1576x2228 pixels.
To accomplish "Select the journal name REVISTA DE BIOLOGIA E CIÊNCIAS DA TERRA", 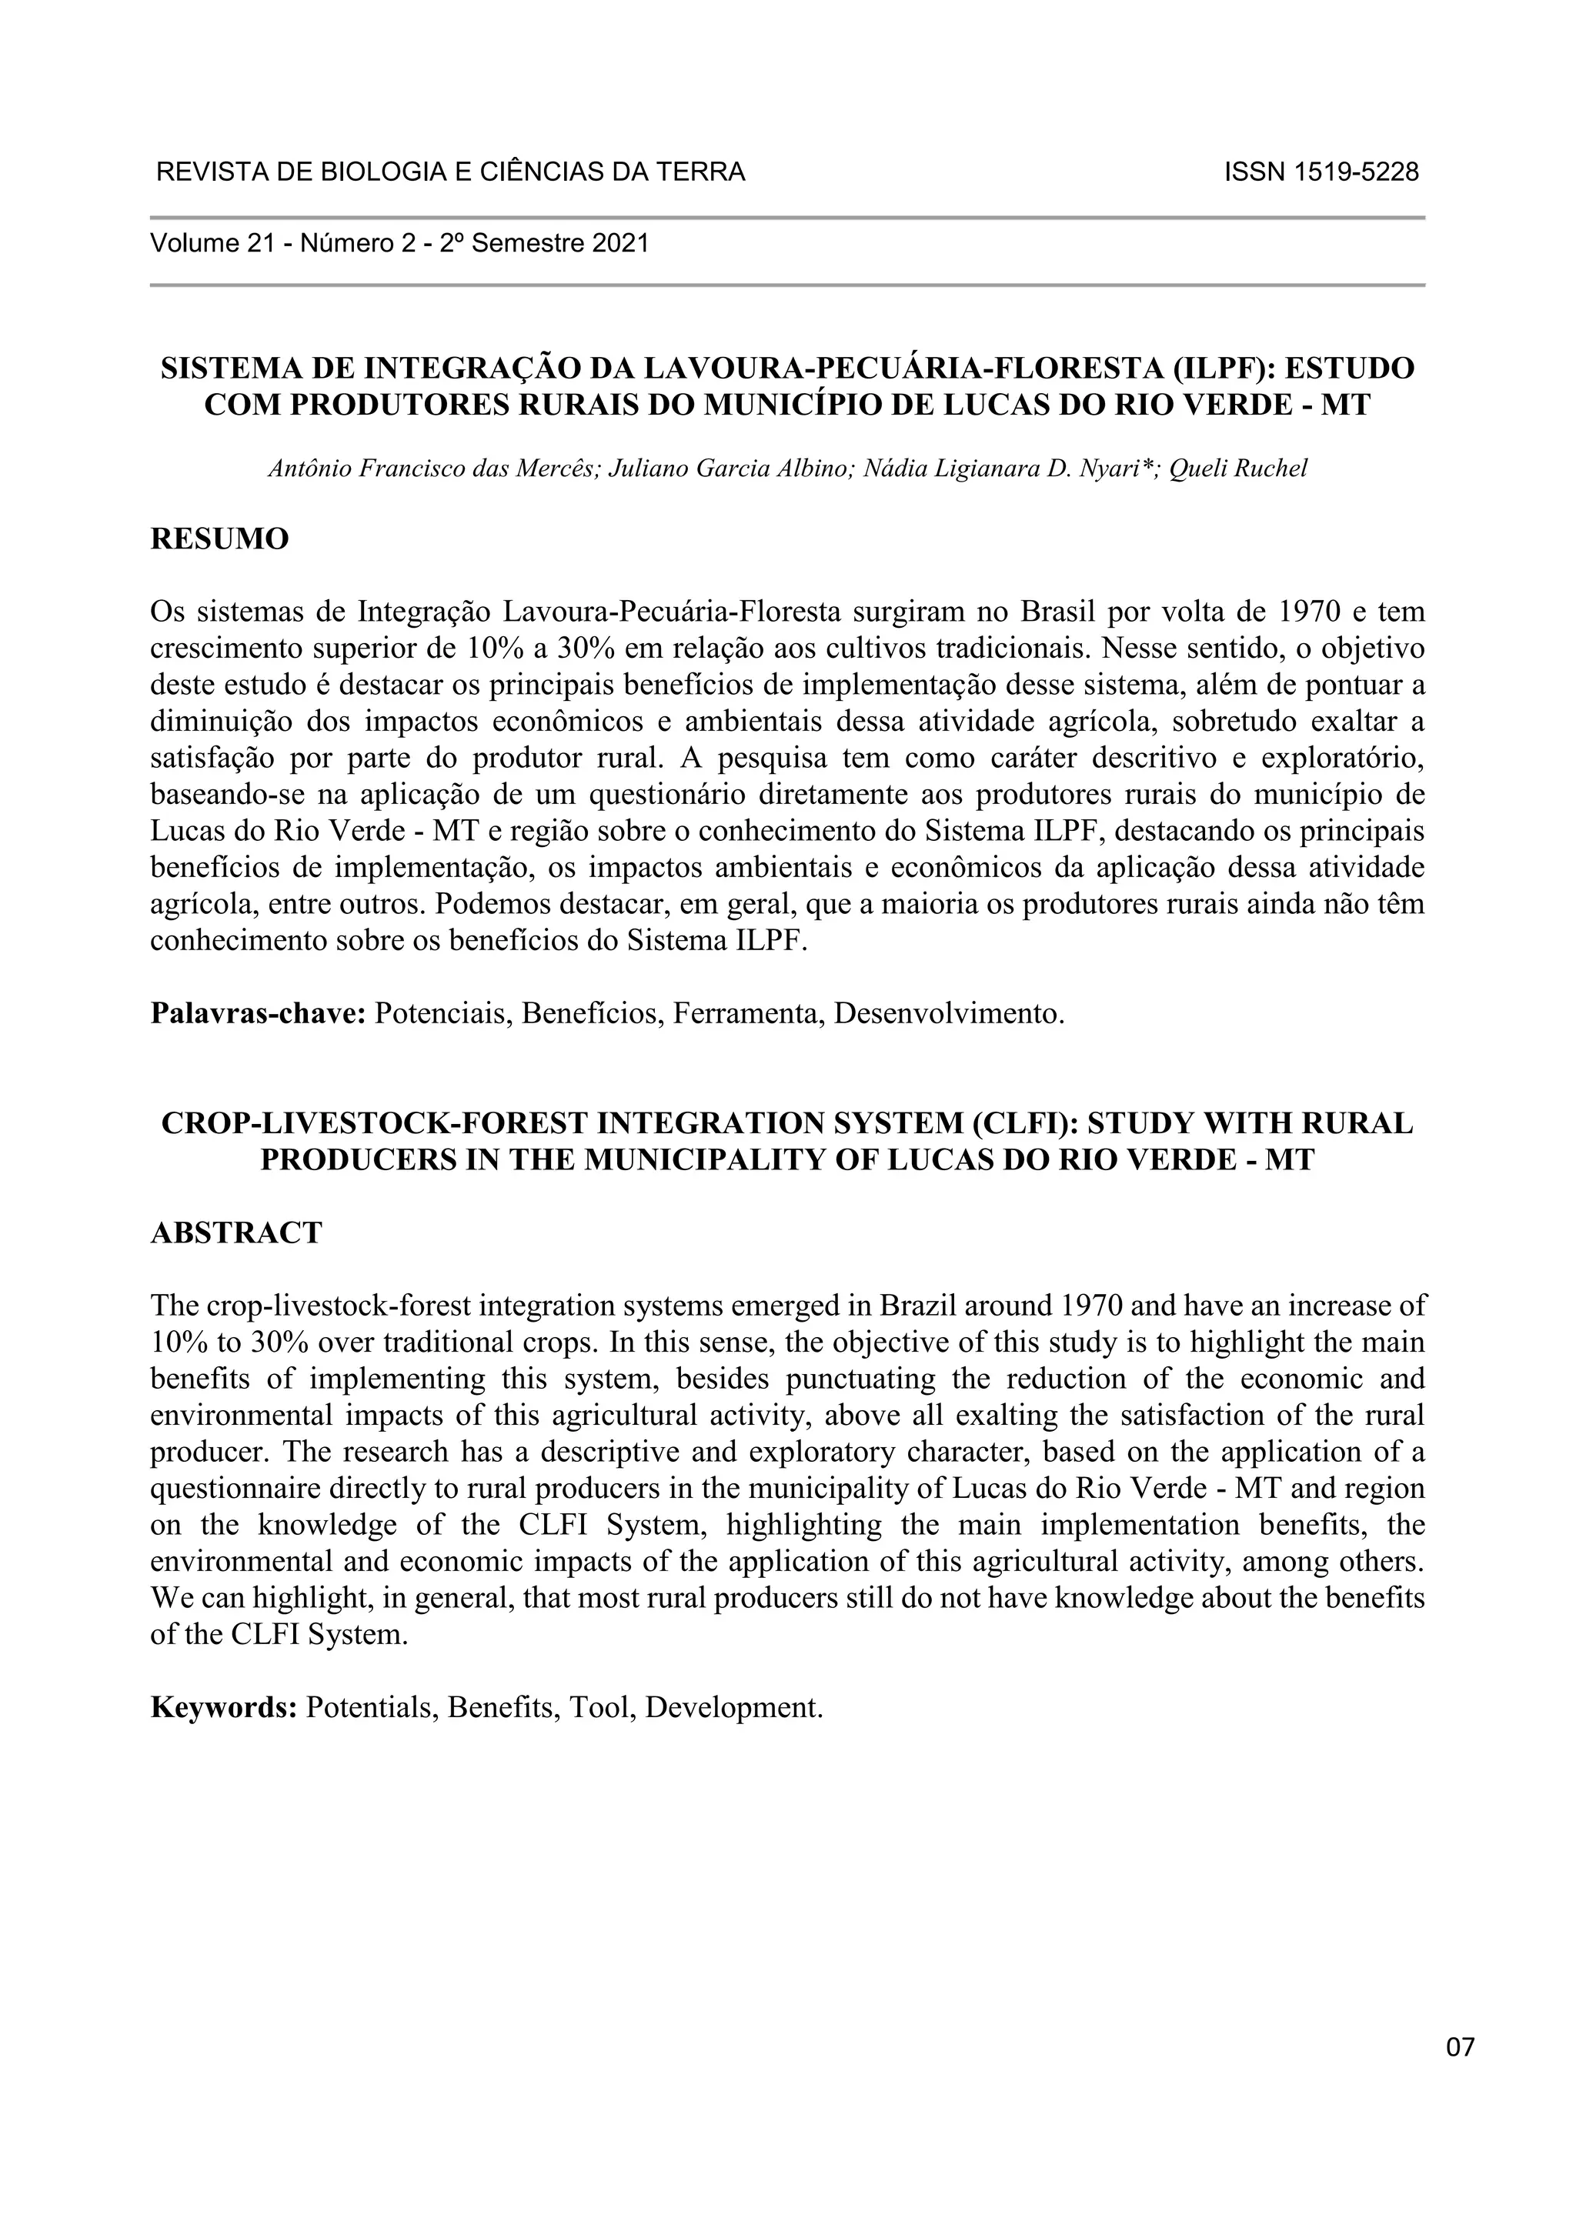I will (x=450, y=173).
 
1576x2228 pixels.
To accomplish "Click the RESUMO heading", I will (x=219, y=539).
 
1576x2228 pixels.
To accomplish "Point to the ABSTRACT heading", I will (x=235, y=1233).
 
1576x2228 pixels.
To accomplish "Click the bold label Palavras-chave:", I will (x=257, y=1014).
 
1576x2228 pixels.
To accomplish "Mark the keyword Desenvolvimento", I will (x=948, y=1014).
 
